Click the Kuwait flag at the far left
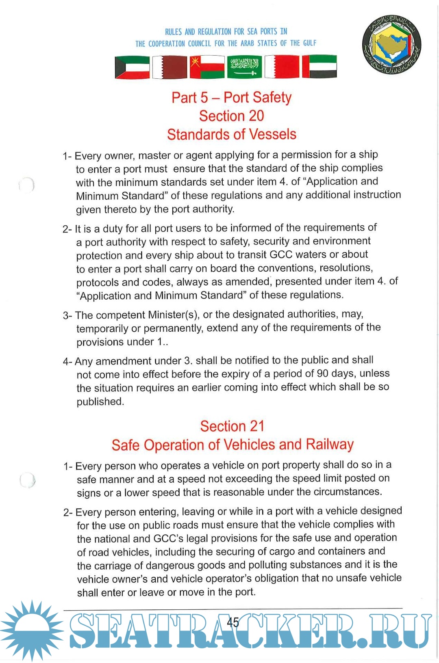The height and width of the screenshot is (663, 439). pyautogui.click(x=132, y=67)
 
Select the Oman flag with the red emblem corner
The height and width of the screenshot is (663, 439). pyautogui.click(x=207, y=67)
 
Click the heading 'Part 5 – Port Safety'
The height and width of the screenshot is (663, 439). pyautogui.click(x=231, y=97)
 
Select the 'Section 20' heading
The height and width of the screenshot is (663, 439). pyautogui.click(x=231, y=116)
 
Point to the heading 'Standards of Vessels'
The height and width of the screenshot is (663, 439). pyautogui.click(x=231, y=134)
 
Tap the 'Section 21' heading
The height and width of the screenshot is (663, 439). pyautogui.click(x=232, y=426)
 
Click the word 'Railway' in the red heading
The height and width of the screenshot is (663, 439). pyautogui.click(x=330, y=444)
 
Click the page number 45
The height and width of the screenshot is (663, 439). pyautogui.click(x=233, y=622)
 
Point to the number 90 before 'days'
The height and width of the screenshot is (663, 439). pyautogui.click(x=322, y=374)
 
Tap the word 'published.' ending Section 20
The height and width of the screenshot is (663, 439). pyautogui.click(x=100, y=402)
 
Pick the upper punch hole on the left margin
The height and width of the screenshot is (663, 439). pyautogui.click(x=27, y=185)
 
